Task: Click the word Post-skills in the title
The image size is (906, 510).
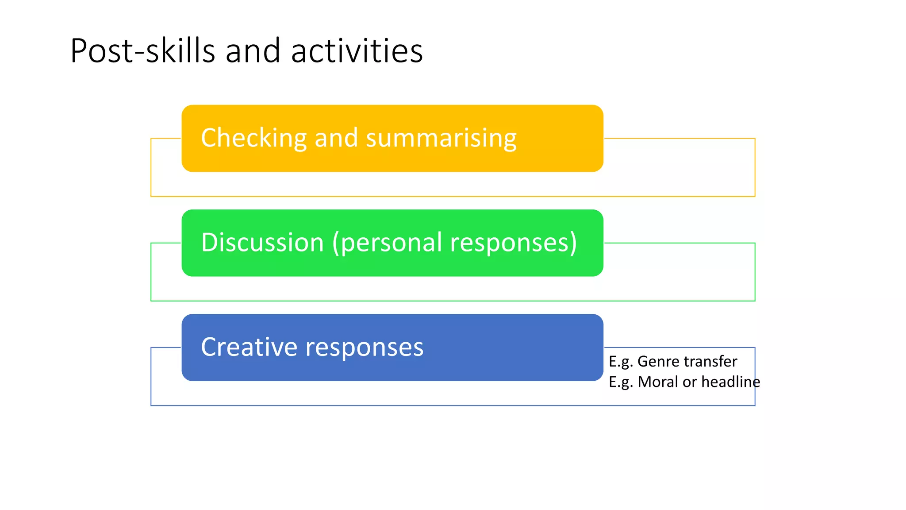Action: (x=142, y=51)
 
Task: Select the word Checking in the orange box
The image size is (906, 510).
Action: (x=253, y=138)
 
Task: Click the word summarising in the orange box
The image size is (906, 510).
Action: (x=441, y=138)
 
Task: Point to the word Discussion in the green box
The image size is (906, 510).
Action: (x=262, y=243)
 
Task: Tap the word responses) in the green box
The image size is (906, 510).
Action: (x=513, y=243)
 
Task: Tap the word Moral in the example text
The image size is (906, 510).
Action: (x=658, y=382)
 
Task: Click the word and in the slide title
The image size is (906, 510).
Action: (x=253, y=51)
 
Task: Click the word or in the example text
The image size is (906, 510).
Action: (x=690, y=382)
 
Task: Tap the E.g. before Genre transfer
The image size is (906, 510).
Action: (x=621, y=362)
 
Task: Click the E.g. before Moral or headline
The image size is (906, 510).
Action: (x=621, y=382)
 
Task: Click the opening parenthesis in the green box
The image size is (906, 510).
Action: (x=336, y=243)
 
